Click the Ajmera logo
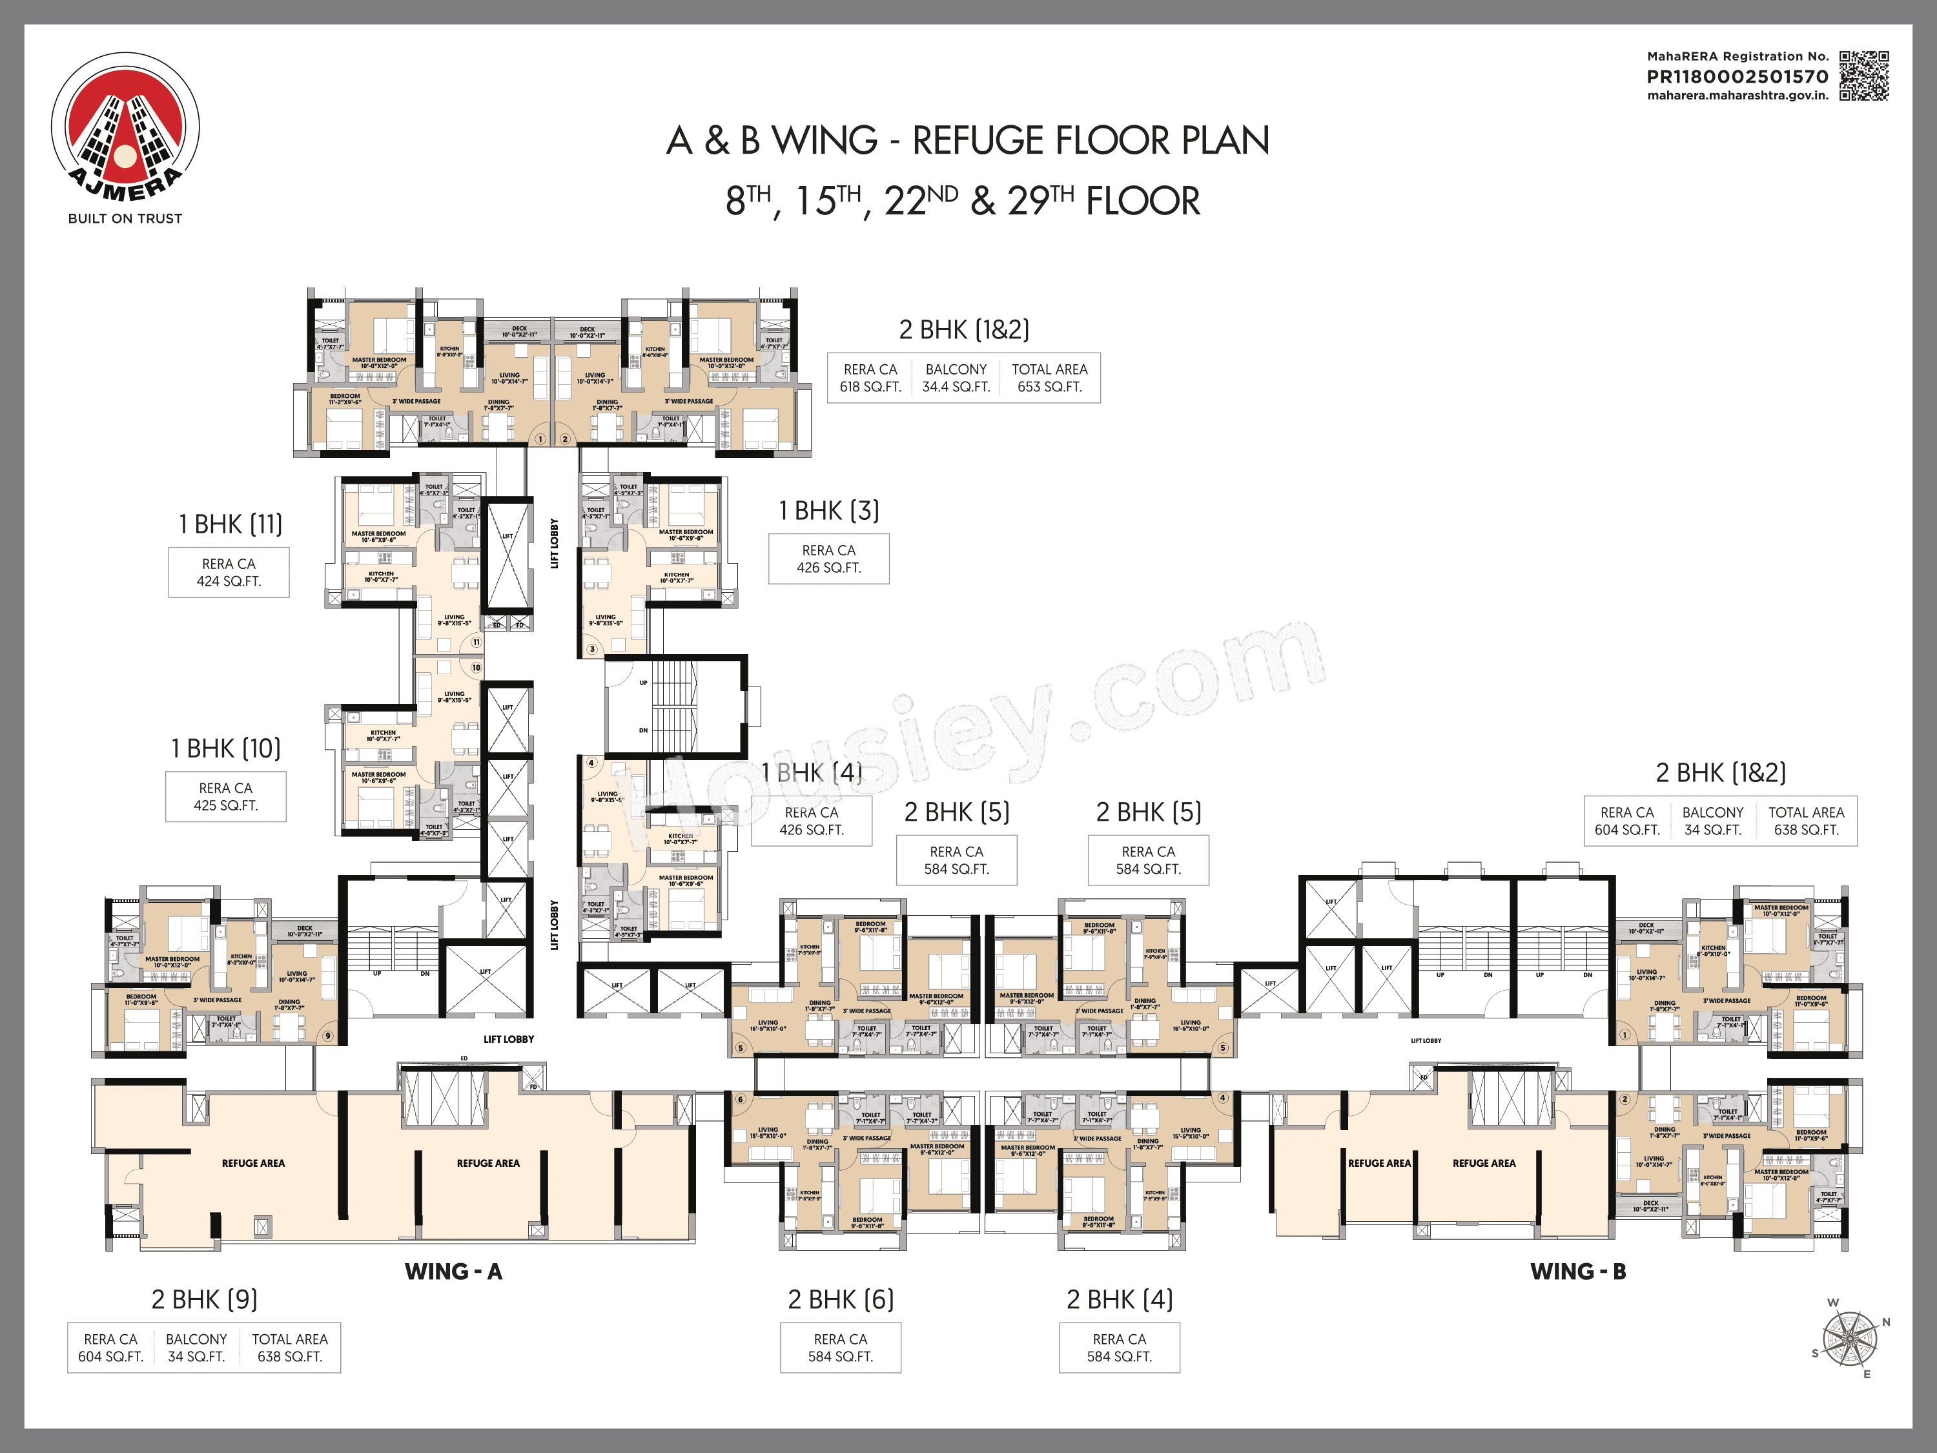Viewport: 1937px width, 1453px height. click(125, 127)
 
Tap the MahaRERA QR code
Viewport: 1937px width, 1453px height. click(1863, 76)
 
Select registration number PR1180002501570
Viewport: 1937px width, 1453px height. click(1737, 76)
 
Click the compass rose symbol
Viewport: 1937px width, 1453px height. click(1849, 1338)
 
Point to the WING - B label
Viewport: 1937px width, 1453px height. click(1578, 1272)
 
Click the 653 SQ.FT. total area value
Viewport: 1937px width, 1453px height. click(1049, 387)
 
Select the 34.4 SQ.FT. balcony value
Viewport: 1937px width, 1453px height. click(956, 387)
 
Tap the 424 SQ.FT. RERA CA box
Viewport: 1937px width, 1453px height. click(229, 573)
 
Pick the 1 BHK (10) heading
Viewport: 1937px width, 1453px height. click(226, 749)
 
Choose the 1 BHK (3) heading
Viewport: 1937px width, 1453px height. click(828, 511)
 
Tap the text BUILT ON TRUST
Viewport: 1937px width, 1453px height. click(125, 219)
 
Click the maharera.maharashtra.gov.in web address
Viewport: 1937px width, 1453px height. click(1737, 96)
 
